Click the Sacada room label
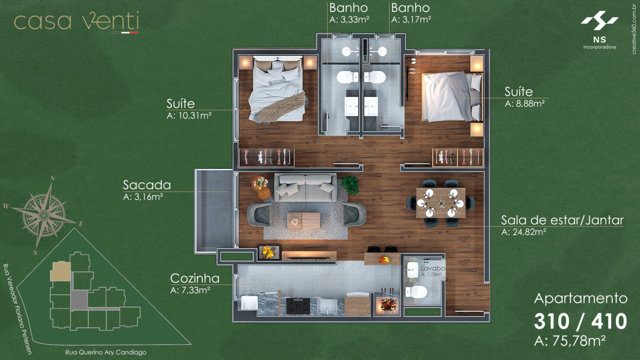click(147, 185)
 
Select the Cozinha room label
click(195, 278)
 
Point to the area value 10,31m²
click(189, 116)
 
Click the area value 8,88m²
click(525, 104)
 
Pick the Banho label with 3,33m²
click(349, 8)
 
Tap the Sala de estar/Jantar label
click(562, 220)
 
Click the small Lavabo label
click(432, 268)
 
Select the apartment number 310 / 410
click(580, 322)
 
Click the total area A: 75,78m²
click(570, 341)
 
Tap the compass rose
click(44, 214)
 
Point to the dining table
click(441, 202)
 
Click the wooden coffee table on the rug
click(304, 220)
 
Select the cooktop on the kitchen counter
click(298, 306)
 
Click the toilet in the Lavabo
click(416, 293)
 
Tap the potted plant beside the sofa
click(349, 185)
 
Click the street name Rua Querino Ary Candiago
click(106, 352)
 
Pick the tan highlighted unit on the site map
click(61, 272)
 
